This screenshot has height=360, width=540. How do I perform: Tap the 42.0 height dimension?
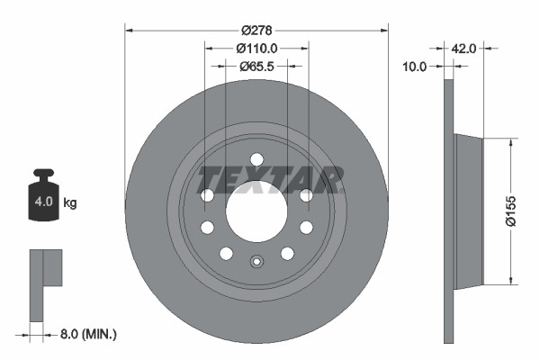(465, 49)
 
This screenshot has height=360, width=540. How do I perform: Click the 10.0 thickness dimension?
(414, 66)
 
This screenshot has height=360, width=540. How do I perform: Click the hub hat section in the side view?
(468, 209)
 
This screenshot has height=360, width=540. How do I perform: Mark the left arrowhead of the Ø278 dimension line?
(128, 30)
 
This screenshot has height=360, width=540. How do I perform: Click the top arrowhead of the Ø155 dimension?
(512, 141)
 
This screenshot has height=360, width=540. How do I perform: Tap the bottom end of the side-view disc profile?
(449, 340)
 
